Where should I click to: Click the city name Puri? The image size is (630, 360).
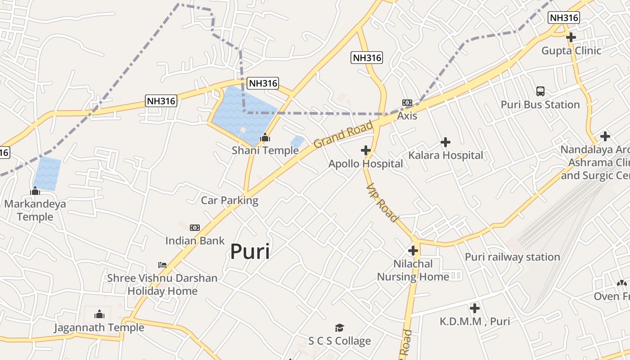250,252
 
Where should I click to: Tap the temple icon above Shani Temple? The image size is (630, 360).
265,137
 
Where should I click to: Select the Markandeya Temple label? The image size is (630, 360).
35,210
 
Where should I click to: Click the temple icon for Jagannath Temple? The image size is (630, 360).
99,314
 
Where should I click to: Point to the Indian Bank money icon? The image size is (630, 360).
195,228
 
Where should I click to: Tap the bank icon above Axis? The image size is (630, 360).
407,103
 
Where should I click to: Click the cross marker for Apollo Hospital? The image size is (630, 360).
366,150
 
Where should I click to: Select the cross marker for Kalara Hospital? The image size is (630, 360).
445,142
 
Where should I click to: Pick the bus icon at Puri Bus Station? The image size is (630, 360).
540,91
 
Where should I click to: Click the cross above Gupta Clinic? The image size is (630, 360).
571,37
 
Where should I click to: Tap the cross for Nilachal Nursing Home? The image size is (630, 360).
413,251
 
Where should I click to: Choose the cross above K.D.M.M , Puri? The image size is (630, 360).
475,308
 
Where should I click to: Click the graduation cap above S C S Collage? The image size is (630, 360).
339,328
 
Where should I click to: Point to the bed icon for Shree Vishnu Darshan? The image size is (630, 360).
162,265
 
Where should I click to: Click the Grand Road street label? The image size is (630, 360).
343,135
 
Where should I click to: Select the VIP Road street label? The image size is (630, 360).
382,202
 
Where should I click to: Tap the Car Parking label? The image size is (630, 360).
229,200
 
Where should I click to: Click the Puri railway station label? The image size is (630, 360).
512,257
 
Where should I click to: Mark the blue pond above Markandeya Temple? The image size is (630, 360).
47,173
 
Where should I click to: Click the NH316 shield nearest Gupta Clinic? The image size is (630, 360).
563,18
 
